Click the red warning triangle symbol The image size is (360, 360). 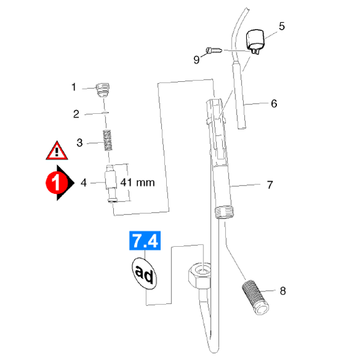57,151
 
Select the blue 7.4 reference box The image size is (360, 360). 145,240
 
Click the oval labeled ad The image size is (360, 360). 144,273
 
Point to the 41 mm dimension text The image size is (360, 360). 137,182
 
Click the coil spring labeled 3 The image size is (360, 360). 108,140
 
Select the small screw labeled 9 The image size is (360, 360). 214,51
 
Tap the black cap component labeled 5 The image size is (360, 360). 255,42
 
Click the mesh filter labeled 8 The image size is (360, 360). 255,297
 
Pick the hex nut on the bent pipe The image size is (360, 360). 199,276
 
